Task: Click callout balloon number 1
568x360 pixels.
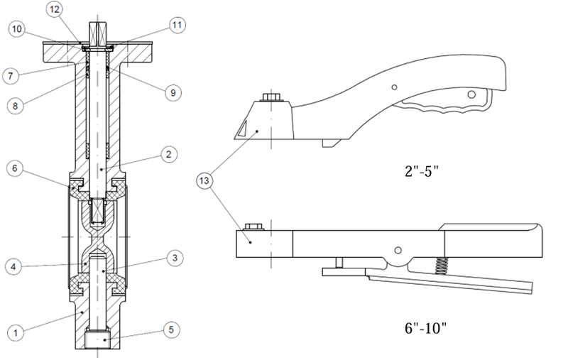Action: pyautogui.click(x=16, y=333)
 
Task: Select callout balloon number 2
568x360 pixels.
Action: pyautogui.click(x=168, y=155)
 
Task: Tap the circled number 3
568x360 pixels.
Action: pyautogui.click(x=175, y=258)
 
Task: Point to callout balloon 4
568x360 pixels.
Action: pyautogui.click(x=13, y=267)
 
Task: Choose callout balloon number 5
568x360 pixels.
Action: pyautogui.click(x=171, y=329)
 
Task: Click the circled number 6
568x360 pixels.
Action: pyautogui.click(x=15, y=168)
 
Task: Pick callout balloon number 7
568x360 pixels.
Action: pyautogui.click(x=10, y=76)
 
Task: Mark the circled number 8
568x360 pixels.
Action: pyautogui.click(x=15, y=106)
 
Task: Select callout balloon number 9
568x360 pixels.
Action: pyautogui.click(x=173, y=93)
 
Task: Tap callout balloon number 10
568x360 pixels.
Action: pyautogui.click(x=16, y=29)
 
